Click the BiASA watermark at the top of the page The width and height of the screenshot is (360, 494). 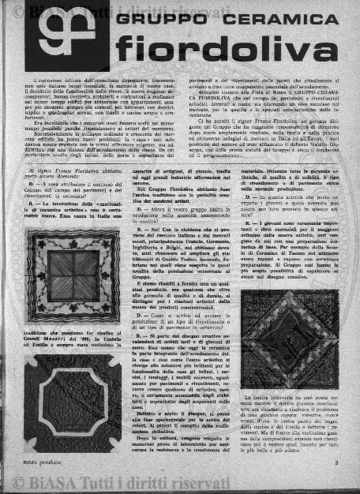(x=87, y=9)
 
